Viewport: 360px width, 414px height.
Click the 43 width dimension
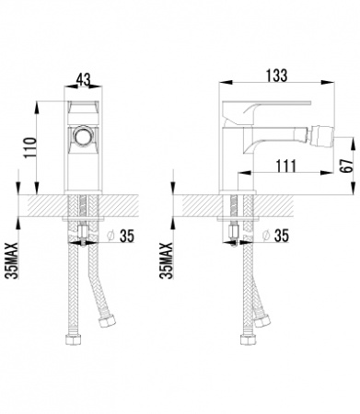pos(83,79)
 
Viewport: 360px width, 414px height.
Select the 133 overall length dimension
pos(277,75)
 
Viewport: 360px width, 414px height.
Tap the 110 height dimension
pos(30,147)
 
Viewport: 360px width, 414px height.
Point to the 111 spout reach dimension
pos(286,166)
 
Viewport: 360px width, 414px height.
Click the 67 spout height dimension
pos(346,166)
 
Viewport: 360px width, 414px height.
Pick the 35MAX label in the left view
pos(13,260)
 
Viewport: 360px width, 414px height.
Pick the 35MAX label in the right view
pos(167,260)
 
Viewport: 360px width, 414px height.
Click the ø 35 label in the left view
pos(120,236)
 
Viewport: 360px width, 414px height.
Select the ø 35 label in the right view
pos(275,236)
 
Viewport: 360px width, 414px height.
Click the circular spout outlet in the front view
pos(83,135)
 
